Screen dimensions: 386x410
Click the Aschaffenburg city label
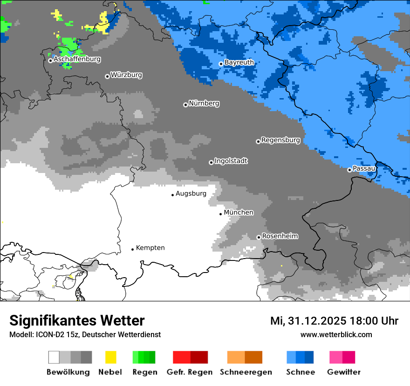[x=77, y=59]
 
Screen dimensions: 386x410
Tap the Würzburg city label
[x=126, y=75]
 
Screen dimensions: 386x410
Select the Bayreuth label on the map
[x=239, y=62]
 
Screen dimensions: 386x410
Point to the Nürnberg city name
[x=204, y=103]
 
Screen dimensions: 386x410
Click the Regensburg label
[x=280, y=140]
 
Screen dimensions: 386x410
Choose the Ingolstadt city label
[x=231, y=161]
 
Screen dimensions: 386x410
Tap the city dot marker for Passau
[x=349, y=170]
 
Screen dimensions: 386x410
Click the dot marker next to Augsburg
[x=172, y=195]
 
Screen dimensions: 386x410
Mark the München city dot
[x=220, y=214]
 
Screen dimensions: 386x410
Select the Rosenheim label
[x=280, y=236]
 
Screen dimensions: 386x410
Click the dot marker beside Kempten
[x=132, y=249]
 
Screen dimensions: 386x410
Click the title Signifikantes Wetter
[x=77, y=320]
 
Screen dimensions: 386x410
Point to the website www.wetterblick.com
[x=336, y=334]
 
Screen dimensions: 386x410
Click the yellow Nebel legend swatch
[x=110, y=357]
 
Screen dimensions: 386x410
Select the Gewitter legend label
[x=343, y=372]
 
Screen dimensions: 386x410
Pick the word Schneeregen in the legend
[x=246, y=372]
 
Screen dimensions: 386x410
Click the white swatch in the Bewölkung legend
[x=54, y=357]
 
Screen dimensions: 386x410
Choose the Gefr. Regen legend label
[x=189, y=372]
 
